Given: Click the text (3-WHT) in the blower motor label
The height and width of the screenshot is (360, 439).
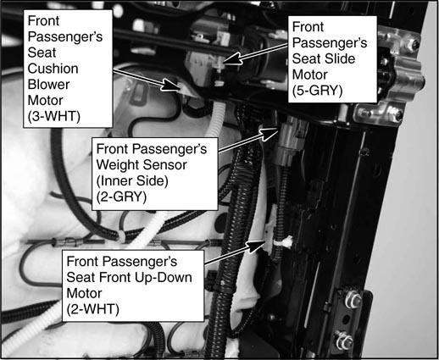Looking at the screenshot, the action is click(x=54, y=116).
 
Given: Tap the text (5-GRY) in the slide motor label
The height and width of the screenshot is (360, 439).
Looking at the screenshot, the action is click(x=317, y=91).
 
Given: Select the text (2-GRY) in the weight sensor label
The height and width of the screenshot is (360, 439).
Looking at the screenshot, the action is click(x=121, y=197).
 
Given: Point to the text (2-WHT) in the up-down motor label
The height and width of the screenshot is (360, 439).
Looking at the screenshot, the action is click(x=92, y=309).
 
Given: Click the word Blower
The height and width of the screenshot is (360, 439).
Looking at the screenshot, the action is click(x=48, y=85).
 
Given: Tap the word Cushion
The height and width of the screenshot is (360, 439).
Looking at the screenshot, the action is click(x=53, y=69).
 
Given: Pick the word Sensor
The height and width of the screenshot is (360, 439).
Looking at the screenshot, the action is click(x=164, y=165).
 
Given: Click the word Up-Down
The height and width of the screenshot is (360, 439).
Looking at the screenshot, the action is click(x=164, y=278).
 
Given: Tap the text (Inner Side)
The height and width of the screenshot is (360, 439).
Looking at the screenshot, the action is click(x=132, y=181).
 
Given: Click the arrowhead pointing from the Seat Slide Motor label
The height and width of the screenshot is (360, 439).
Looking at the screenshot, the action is click(x=231, y=59).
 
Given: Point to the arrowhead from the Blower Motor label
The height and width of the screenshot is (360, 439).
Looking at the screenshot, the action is click(x=171, y=86).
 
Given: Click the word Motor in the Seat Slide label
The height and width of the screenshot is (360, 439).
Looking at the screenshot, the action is click(x=309, y=75).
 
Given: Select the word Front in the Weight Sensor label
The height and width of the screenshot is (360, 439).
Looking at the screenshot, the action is click(x=112, y=149).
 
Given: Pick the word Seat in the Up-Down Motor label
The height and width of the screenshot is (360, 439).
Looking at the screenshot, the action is click(x=78, y=278).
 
